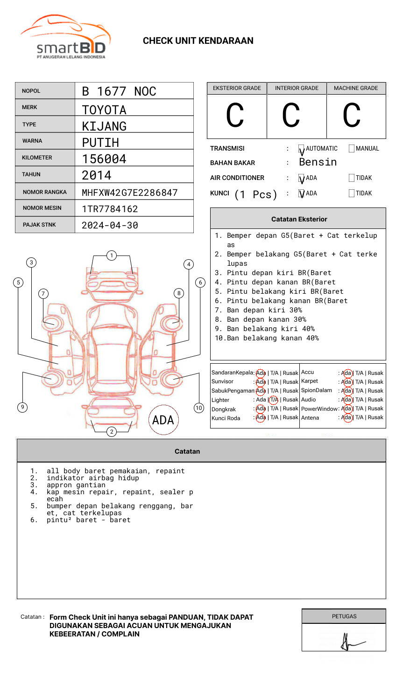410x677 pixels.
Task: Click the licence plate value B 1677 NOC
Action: [x=119, y=91]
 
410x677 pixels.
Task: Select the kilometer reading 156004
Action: [x=104, y=159]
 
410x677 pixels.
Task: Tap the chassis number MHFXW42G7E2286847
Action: [x=129, y=193]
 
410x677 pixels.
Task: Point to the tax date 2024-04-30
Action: [x=110, y=225]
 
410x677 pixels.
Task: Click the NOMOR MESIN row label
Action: [x=42, y=208]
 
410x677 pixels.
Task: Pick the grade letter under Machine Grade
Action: [x=352, y=116]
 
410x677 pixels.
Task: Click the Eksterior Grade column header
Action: [x=237, y=88]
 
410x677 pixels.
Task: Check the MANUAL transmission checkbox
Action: [x=352, y=149]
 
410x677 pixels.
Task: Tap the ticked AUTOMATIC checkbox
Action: [x=301, y=149]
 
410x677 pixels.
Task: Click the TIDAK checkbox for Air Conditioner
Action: [x=352, y=178]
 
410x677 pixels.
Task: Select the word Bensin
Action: [x=318, y=162]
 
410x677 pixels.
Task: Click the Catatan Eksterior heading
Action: [x=299, y=219]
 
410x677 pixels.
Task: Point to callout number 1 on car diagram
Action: [x=111, y=256]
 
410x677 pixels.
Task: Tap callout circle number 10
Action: [x=199, y=408]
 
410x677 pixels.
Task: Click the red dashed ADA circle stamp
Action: [x=163, y=420]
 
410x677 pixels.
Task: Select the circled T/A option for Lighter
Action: [x=274, y=400]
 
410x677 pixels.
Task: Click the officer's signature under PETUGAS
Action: [x=350, y=642]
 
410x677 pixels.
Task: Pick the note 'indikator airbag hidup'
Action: [x=92, y=478]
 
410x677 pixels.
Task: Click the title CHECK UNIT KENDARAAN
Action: [x=198, y=41]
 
